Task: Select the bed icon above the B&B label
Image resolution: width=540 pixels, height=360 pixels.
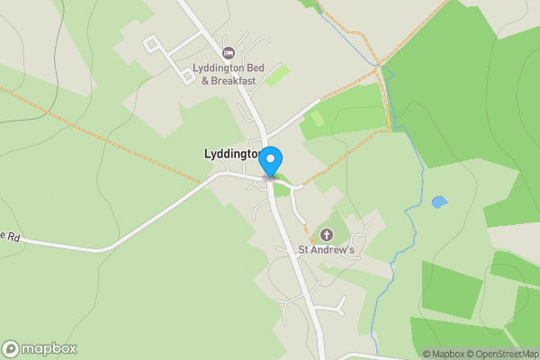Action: point(229,53)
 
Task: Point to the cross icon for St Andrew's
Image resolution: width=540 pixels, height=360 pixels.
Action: point(326,235)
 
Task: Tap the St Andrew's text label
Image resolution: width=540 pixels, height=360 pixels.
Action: point(328,249)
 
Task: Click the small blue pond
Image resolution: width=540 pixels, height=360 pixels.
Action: point(438,202)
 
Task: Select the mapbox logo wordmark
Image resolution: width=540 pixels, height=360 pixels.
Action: point(49,348)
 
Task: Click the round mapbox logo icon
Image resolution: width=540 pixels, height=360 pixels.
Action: point(11,348)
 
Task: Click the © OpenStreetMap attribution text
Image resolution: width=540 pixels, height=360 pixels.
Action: point(500,354)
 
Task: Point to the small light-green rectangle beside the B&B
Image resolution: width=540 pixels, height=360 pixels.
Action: point(277,76)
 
